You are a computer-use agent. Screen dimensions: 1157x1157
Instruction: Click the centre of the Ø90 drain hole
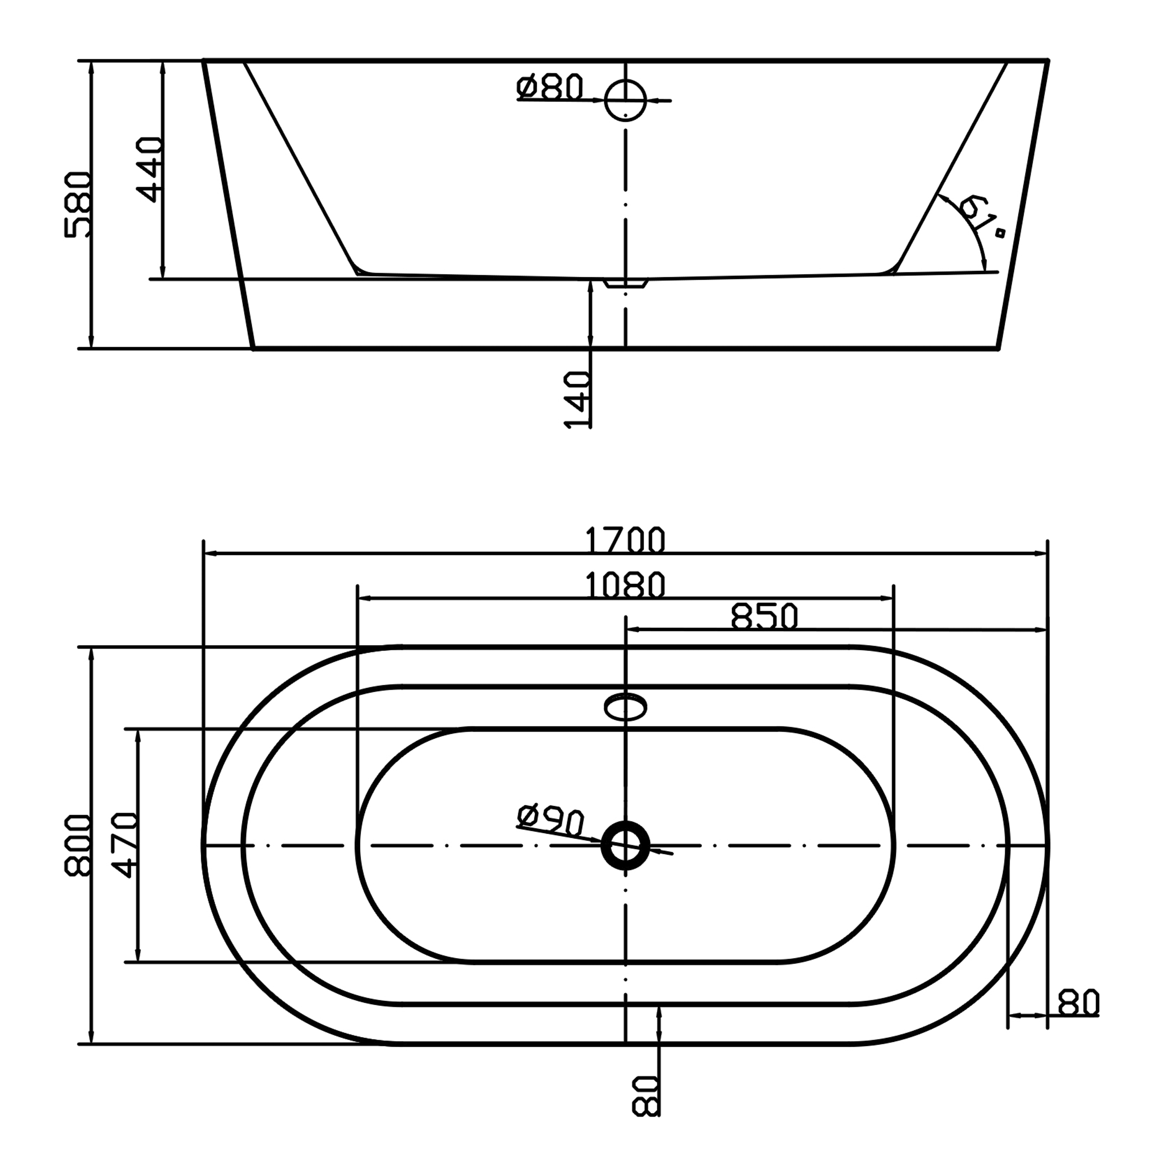tap(625, 845)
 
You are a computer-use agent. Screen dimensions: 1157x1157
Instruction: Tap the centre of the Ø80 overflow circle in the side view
tap(625, 100)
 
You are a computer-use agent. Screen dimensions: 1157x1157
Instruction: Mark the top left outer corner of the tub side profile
tap(204, 60)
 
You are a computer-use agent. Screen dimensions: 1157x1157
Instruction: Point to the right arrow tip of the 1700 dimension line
tap(1047, 554)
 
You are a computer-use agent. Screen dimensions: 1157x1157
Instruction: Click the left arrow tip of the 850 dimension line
tap(627, 629)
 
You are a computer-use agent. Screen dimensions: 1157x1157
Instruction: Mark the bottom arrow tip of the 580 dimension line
tap(91, 347)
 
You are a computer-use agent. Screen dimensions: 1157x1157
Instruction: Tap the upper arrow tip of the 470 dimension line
tap(138, 730)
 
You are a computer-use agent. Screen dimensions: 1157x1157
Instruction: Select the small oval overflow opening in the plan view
tap(625, 707)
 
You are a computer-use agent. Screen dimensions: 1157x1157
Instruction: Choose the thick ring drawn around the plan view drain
tap(625, 845)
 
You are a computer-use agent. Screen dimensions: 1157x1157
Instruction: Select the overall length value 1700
tap(625, 540)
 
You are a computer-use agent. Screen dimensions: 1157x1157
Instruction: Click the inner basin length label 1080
tap(625, 585)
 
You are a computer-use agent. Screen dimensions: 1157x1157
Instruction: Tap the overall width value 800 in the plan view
tap(78, 845)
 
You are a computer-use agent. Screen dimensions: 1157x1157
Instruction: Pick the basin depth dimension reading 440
tap(149, 169)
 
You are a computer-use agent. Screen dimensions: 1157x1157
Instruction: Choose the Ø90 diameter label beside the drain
tap(550, 820)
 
